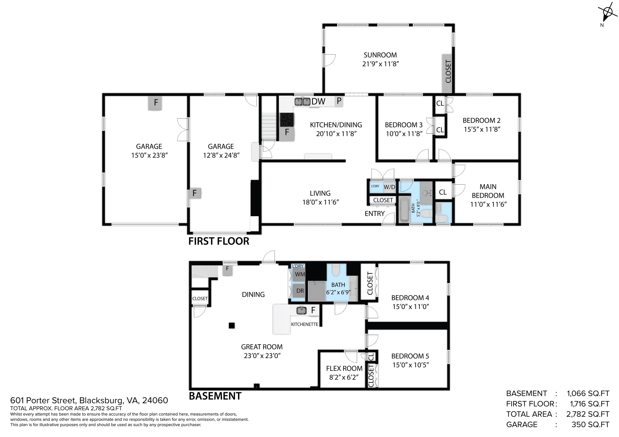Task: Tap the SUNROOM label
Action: click(380, 55)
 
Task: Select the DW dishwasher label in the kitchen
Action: click(318, 102)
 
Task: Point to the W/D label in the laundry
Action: click(389, 187)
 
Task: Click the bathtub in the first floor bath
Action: click(404, 209)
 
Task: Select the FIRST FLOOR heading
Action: click(219, 241)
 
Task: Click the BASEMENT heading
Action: click(215, 396)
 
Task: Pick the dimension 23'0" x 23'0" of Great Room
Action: click(262, 356)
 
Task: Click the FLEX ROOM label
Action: click(344, 368)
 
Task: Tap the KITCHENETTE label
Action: click(305, 325)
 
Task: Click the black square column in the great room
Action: click(232, 326)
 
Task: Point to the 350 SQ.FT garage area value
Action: click(590, 424)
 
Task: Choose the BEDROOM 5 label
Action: click(410, 356)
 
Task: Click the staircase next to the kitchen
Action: click(269, 126)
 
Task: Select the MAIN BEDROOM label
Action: click(488, 191)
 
